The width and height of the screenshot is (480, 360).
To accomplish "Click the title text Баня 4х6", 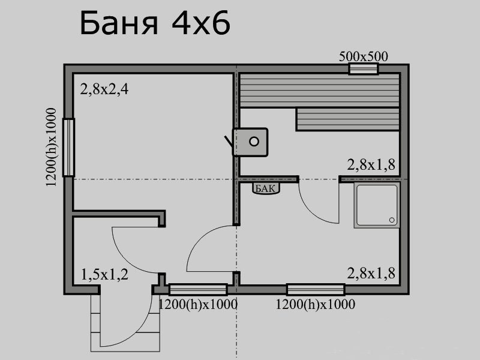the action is coord(155,23).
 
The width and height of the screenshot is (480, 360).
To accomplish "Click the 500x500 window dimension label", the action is coord(364,56).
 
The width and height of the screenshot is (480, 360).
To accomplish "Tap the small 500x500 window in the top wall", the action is coord(364,68).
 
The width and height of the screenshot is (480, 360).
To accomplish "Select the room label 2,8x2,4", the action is coord(104,89).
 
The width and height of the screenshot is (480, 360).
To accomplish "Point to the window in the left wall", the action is coord(68,148).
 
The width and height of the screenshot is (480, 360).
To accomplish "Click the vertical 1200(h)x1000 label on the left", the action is coord(51,147).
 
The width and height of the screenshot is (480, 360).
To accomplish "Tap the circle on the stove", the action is coord(254,142).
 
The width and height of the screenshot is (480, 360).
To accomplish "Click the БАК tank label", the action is coord(265,188).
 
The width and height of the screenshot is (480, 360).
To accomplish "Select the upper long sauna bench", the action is coord(320,91).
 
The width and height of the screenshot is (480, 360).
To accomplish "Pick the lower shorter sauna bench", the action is coord(348,119).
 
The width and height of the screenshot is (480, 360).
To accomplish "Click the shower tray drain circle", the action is coord(392,220).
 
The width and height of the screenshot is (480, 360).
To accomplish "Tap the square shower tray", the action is coord(377,205).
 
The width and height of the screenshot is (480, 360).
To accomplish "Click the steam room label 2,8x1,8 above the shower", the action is coord(371,164).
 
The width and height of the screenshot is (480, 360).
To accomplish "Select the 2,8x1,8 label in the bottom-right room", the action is coord(371,273).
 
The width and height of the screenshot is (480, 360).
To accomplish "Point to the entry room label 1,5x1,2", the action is coord(104,275).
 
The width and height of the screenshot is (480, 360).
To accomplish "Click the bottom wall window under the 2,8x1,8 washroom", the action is coord(316,289).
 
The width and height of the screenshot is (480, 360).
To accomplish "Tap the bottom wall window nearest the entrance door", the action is coord(198,289).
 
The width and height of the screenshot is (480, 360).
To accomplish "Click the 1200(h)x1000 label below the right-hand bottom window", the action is coord(316,305).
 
